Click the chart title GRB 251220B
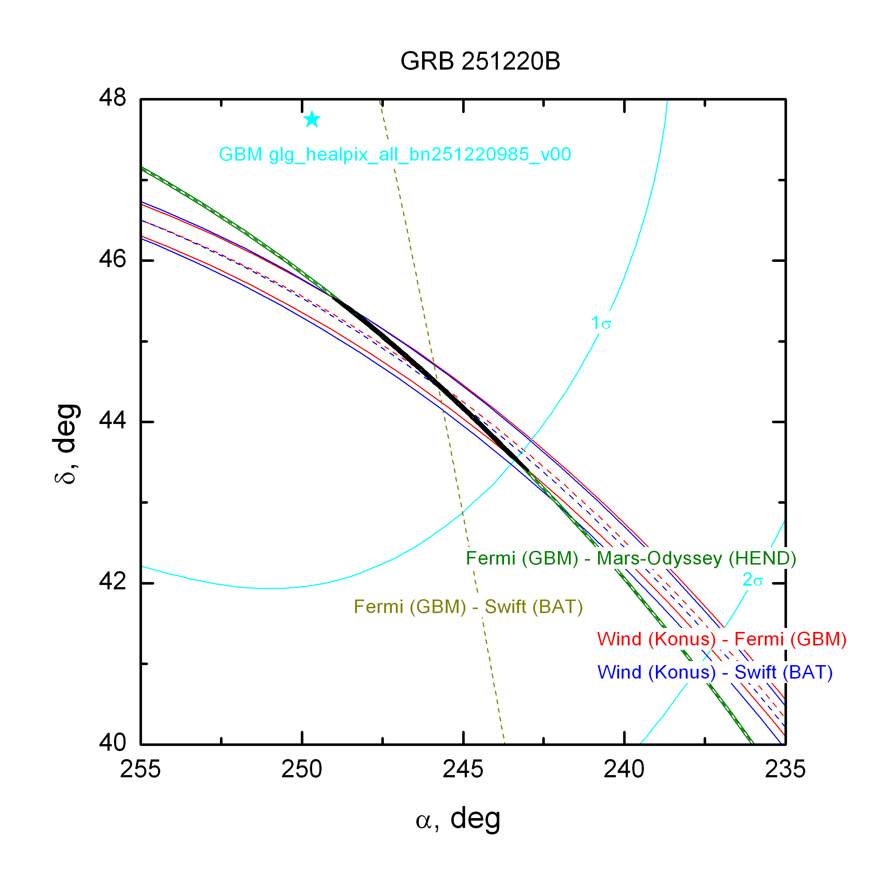point(480,61)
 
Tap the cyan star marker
point(312,119)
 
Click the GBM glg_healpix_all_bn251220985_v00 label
point(395,154)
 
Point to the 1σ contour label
point(601,323)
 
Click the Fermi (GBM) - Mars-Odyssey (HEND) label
point(631,558)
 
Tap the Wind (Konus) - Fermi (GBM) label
point(721,639)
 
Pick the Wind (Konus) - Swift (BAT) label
point(715,672)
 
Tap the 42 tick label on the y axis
point(112,582)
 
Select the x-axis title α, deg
point(457,819)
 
